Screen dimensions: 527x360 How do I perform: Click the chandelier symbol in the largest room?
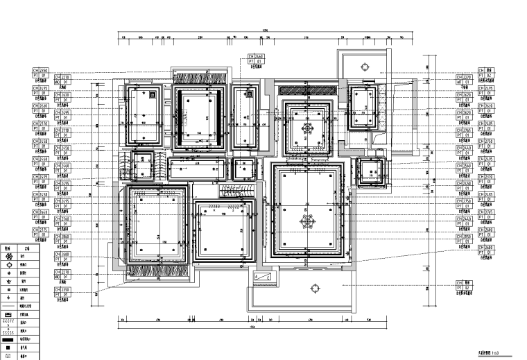[305, 221]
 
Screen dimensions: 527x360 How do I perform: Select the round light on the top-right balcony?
[365, 65]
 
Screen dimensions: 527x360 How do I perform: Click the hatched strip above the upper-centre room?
[306, 89]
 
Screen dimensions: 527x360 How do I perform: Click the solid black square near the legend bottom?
[9, 348]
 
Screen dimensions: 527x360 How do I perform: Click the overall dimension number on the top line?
[263, 30]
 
